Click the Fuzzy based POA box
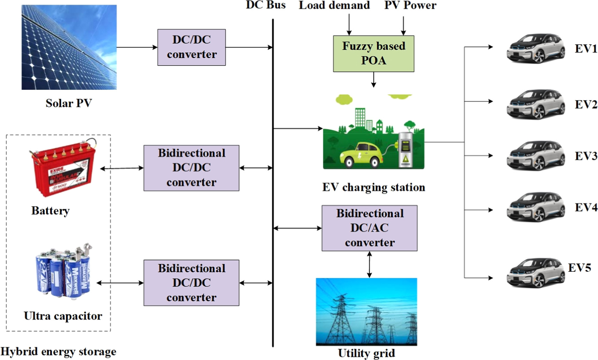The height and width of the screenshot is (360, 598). pyautogui.click(x=373, y=54)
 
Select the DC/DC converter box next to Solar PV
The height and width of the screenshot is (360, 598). pyautogui.click(x=191, y=47)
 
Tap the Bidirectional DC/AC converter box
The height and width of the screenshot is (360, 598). pyautogui.click(x=369, y=228)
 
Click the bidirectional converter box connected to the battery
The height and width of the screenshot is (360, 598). pyautogui.click(x=191, y=168)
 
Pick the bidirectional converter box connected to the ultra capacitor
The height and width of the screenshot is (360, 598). pyautogui.click(x=191, y=283)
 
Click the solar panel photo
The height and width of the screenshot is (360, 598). pyautogui.click(x=69, y=47)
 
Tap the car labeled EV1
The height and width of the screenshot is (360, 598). pyautogui.click(x=536, y=49)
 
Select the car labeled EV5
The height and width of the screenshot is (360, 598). pyautogui.click(x=536, y=273)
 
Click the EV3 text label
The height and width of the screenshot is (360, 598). pyautogui.click(x=586, y=156)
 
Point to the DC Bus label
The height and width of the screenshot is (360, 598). pyautogui.click(x=266, y=5)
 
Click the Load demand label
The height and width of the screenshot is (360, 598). pyautogui.click(x=334, y=5)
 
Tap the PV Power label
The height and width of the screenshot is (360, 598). pyautogui.click(x=410, y=5)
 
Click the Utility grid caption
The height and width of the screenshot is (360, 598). pyautogui.click(x=366, y=353)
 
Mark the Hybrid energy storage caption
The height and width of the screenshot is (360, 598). pyautogui.click(x=58, y=352)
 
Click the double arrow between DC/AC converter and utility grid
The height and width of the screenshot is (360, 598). pyautogui.click(x=369, y=264)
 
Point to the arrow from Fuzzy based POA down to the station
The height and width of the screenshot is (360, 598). pyautogui.click(x=373, y=80)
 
